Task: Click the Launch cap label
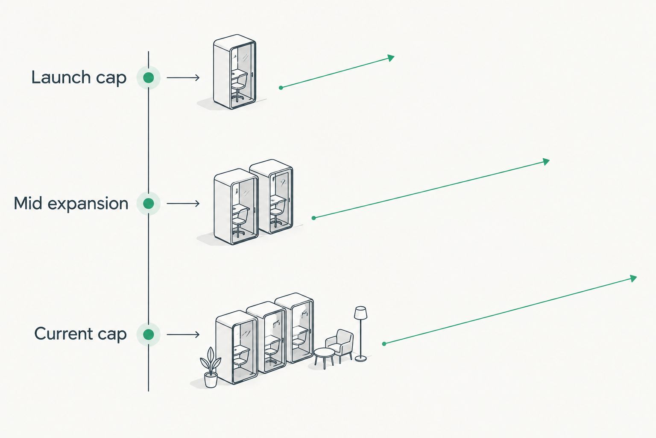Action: (x=79, y=77)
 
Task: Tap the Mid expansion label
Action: (x=71, y=203)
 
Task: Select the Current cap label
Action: (x=80, y=334)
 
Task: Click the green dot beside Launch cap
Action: (x=149, y=77)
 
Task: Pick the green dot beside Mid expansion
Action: (x=149, y=203)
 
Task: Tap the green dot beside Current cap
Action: (x=149, y=334)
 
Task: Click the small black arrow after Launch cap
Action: (x=183, y=77)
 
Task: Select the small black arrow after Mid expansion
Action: (x=183, y=203)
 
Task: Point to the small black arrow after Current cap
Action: (x=183, y=334)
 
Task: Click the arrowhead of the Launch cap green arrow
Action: (x=391, y=58)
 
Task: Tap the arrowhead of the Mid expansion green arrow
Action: (x=546, y=162)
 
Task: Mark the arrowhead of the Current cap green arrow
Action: (x=633, y=278)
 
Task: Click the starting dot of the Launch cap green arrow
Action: (x=281, y=88)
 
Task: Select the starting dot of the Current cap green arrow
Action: (x=384, y=344)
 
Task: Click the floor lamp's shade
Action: (x=360, y=313)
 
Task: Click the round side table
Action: (x=324, y=357)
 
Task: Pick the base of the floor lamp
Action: (x=360, y=358)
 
